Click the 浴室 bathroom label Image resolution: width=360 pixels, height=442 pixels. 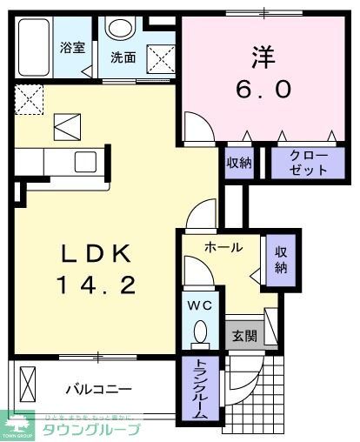(73, 47)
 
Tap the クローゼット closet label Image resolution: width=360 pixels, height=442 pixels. (303, 163)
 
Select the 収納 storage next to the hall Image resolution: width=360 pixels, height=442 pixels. (280, 260)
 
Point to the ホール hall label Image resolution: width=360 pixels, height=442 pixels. (223, 248)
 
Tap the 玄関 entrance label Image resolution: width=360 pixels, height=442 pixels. (243, 336)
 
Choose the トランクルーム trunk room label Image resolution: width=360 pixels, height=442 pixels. (198, 389)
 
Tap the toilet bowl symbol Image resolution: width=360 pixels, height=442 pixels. (199, 332)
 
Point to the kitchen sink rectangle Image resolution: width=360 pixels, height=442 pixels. (87, 163)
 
